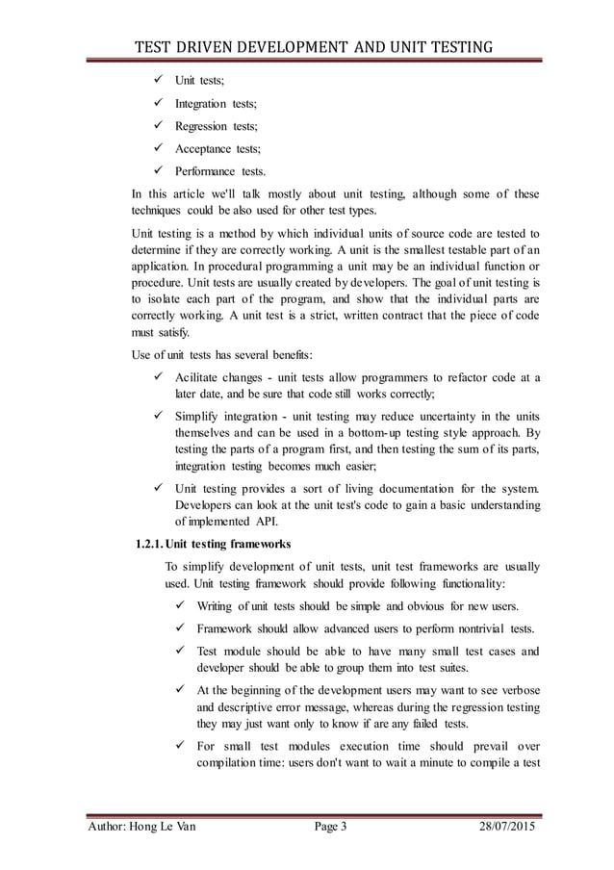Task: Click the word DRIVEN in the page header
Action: (216, 45)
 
